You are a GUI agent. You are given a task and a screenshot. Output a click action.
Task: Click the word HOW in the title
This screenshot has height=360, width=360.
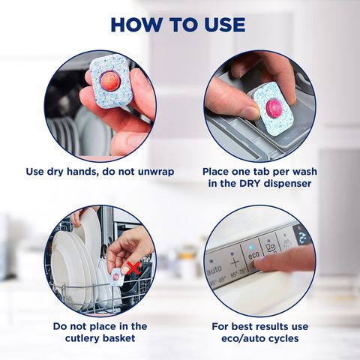(x=142, y=24)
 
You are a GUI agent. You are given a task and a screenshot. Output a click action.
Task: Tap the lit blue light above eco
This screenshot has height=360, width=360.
(x=250, y=244)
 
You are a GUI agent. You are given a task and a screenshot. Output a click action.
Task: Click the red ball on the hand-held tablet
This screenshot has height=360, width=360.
(x=110, y=79)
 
